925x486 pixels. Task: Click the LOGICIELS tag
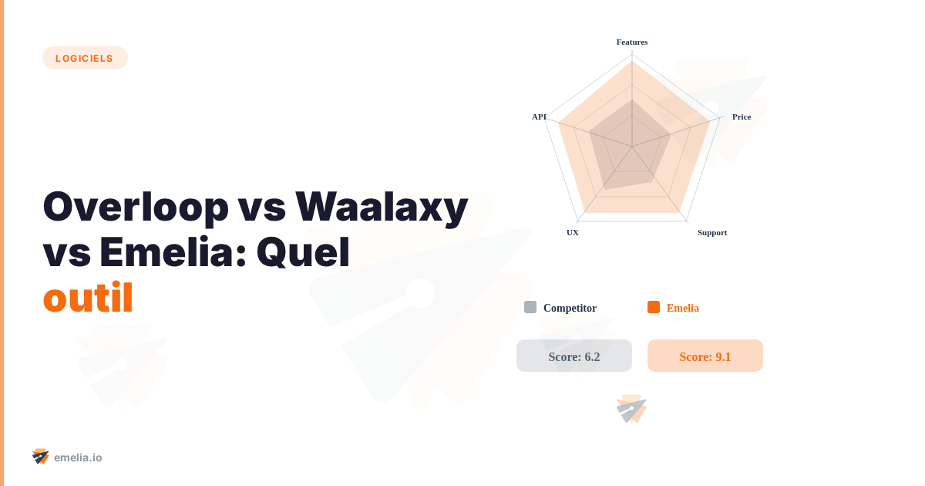[x=85, y=58]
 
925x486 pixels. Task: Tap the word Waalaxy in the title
[x=382, y=207]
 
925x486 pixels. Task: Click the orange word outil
[x=88, y=299]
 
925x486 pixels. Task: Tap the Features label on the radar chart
[x=632, y=42]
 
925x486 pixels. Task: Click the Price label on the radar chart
[x=742, y=116]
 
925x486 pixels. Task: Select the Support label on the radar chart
[x=712, y=232]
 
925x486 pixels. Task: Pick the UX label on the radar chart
[x=573, y=232]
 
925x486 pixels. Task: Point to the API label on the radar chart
[x=539, y=116]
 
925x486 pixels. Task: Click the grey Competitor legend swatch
[x=530, y=307]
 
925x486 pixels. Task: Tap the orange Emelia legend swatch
[x=654, y=307]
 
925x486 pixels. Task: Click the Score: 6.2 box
[x=574, y=356]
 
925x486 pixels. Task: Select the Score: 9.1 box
[x=705, y=356]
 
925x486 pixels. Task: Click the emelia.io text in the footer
[x=78, y=457]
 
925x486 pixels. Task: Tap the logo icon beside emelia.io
[x=41, y=457]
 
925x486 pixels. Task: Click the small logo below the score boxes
[x=631, y=409]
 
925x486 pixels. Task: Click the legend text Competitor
[x=570, y=308]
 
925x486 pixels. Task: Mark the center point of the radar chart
[x=632, y=147]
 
